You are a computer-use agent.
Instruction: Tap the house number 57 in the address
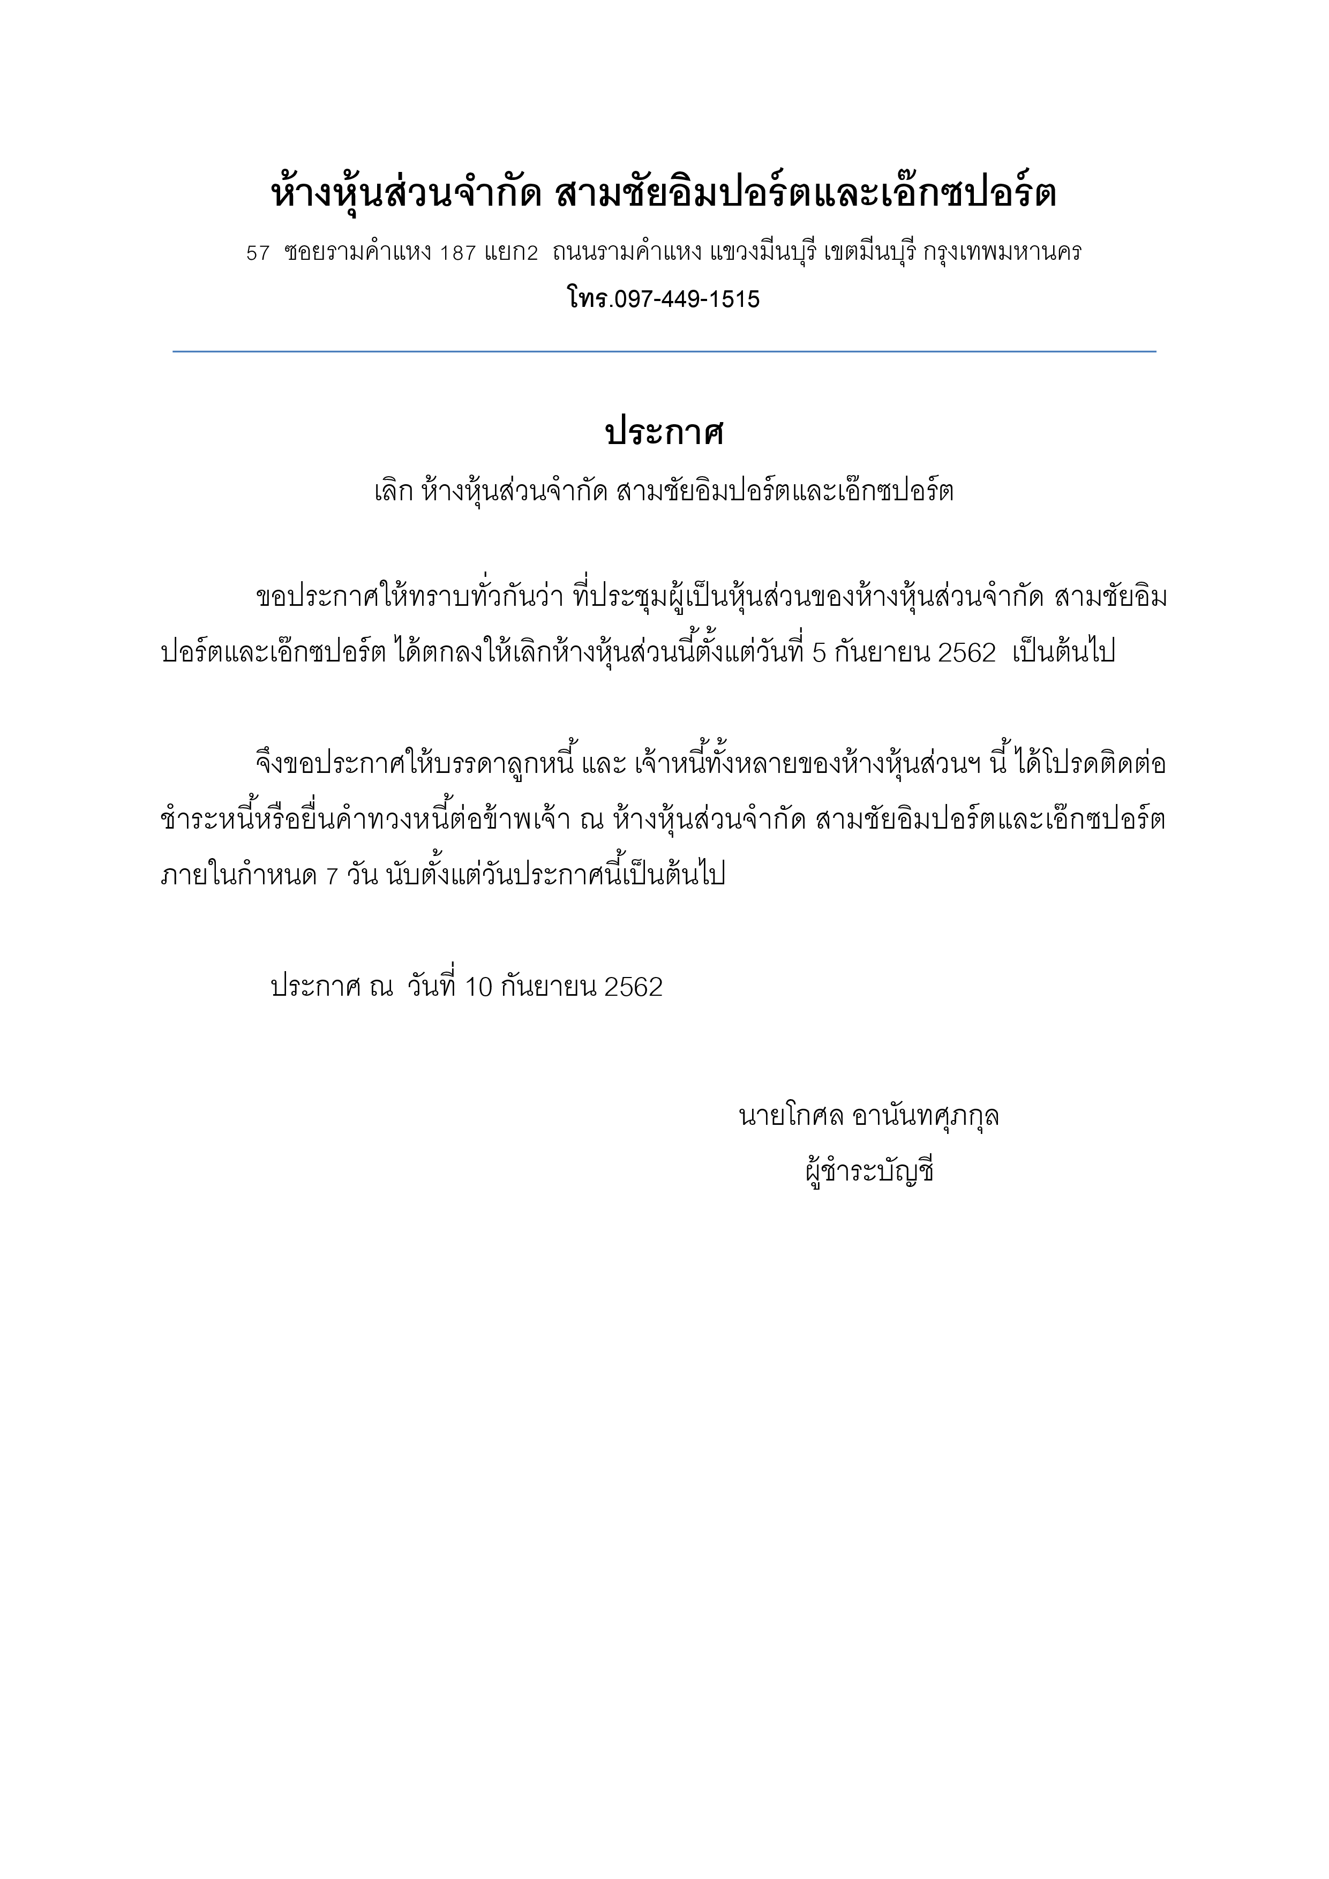click(258, 254)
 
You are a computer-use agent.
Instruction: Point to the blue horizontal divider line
click(664, 352)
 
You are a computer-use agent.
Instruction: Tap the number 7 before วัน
click(332, 876)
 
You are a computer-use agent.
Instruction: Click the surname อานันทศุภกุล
click(926, 1116)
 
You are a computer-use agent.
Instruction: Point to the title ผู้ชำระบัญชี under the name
click(870, 1173)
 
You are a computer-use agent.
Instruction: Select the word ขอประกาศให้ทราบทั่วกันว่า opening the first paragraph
click(409, 597)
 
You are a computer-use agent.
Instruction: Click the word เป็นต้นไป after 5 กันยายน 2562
click(1064, 652)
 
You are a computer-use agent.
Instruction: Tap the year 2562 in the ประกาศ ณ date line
click(633, 988)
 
